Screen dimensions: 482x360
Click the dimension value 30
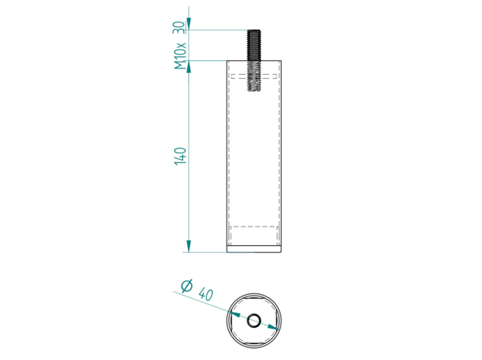coord(180,27)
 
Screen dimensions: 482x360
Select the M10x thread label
coord(180,56)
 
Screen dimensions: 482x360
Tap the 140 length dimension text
coord(181,156)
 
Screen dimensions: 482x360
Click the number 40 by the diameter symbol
coord(206,294)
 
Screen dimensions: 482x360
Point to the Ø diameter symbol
coord(187,285)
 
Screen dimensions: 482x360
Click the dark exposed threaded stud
coord(254,45)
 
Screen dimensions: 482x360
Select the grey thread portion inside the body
coord(254,76)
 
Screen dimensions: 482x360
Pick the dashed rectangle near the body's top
coord(254,76)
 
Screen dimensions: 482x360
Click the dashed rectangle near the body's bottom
coord(254,235)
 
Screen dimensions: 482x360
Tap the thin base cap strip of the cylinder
coord(254,249)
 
